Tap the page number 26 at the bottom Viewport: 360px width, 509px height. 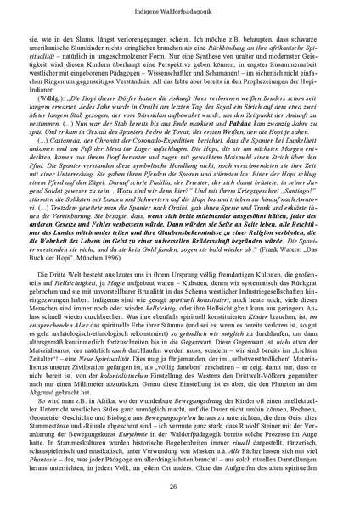point(180,485)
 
